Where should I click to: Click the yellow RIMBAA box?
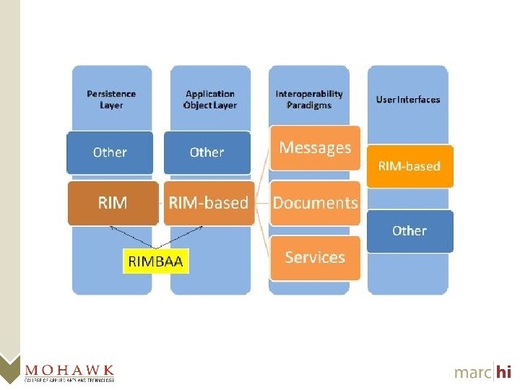[x=156, y=261]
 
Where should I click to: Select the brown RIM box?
[x=112, y=203]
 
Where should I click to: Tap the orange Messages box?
[x=315, y=148]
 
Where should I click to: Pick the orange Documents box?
[x=315, y=203]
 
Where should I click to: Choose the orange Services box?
[x=315, y=257]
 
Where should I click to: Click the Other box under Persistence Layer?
[x=110, y=152]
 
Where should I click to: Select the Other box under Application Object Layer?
[x=207, y=152]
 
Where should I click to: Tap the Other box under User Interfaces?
[x=409, y=231]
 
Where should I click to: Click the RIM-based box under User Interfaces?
[x=409, y=166]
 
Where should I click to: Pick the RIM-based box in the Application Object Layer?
[x=208, y=203]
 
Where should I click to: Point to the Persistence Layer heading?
[x=111, y=99]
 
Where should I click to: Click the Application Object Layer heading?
[x=210, y=99]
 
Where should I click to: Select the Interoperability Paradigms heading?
[x=309, y=99]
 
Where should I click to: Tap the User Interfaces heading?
[x=408, y=100]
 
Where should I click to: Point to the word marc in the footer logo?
[x=472, y=373]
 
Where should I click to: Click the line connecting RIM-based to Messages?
[x=263, y=174]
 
